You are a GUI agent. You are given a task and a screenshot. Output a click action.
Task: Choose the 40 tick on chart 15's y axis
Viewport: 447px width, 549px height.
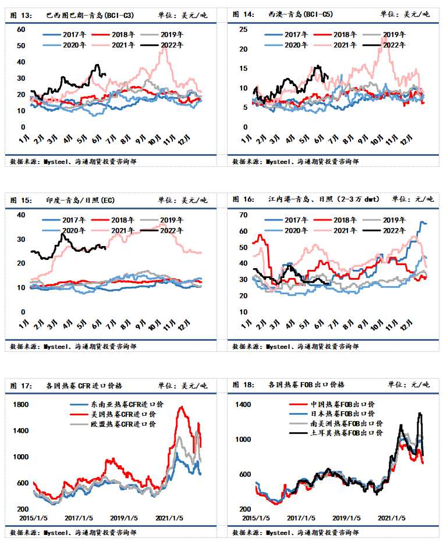(22, 215)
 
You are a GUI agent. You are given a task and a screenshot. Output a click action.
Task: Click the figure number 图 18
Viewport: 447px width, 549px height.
(243, 385)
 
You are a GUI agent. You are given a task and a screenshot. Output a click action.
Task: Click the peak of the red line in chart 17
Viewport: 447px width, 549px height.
(182, 408)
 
